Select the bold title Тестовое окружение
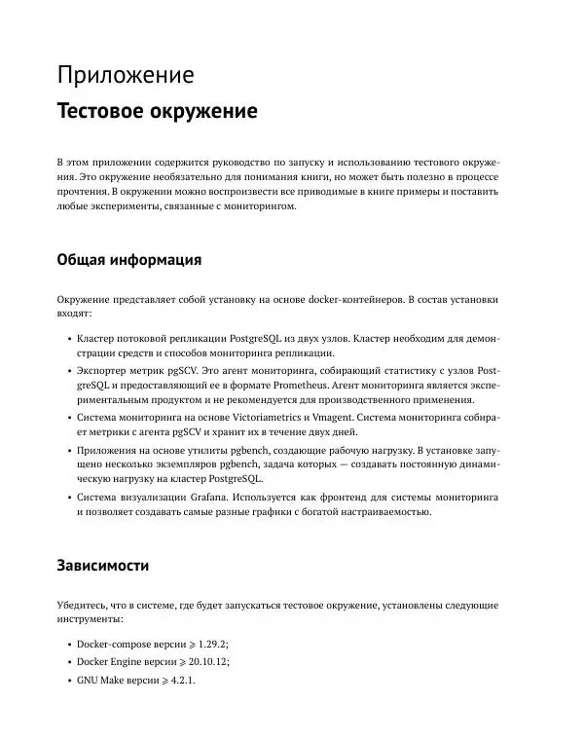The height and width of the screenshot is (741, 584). pos(157,111)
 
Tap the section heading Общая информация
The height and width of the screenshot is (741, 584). pos(129,260)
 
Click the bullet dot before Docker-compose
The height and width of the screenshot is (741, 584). pos(68,645)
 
